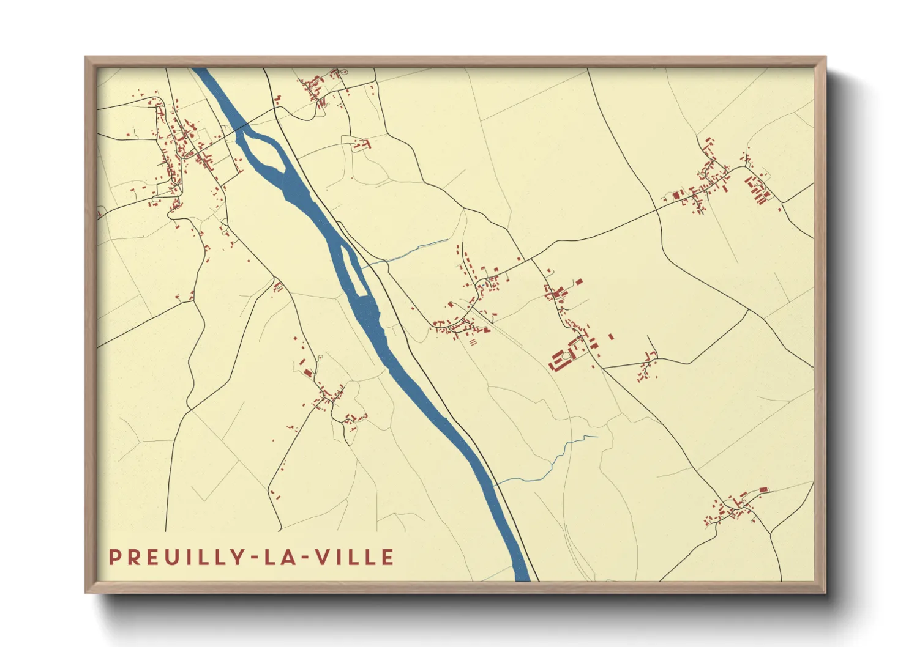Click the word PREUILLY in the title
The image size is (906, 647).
[174, 557]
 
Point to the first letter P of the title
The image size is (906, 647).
[114, 557]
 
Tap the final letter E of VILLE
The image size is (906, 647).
[387, 557]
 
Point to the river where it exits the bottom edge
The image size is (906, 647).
[522, 575]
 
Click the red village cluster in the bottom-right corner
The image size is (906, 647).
[735, 508]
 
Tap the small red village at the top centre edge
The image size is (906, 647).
[318, 89]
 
